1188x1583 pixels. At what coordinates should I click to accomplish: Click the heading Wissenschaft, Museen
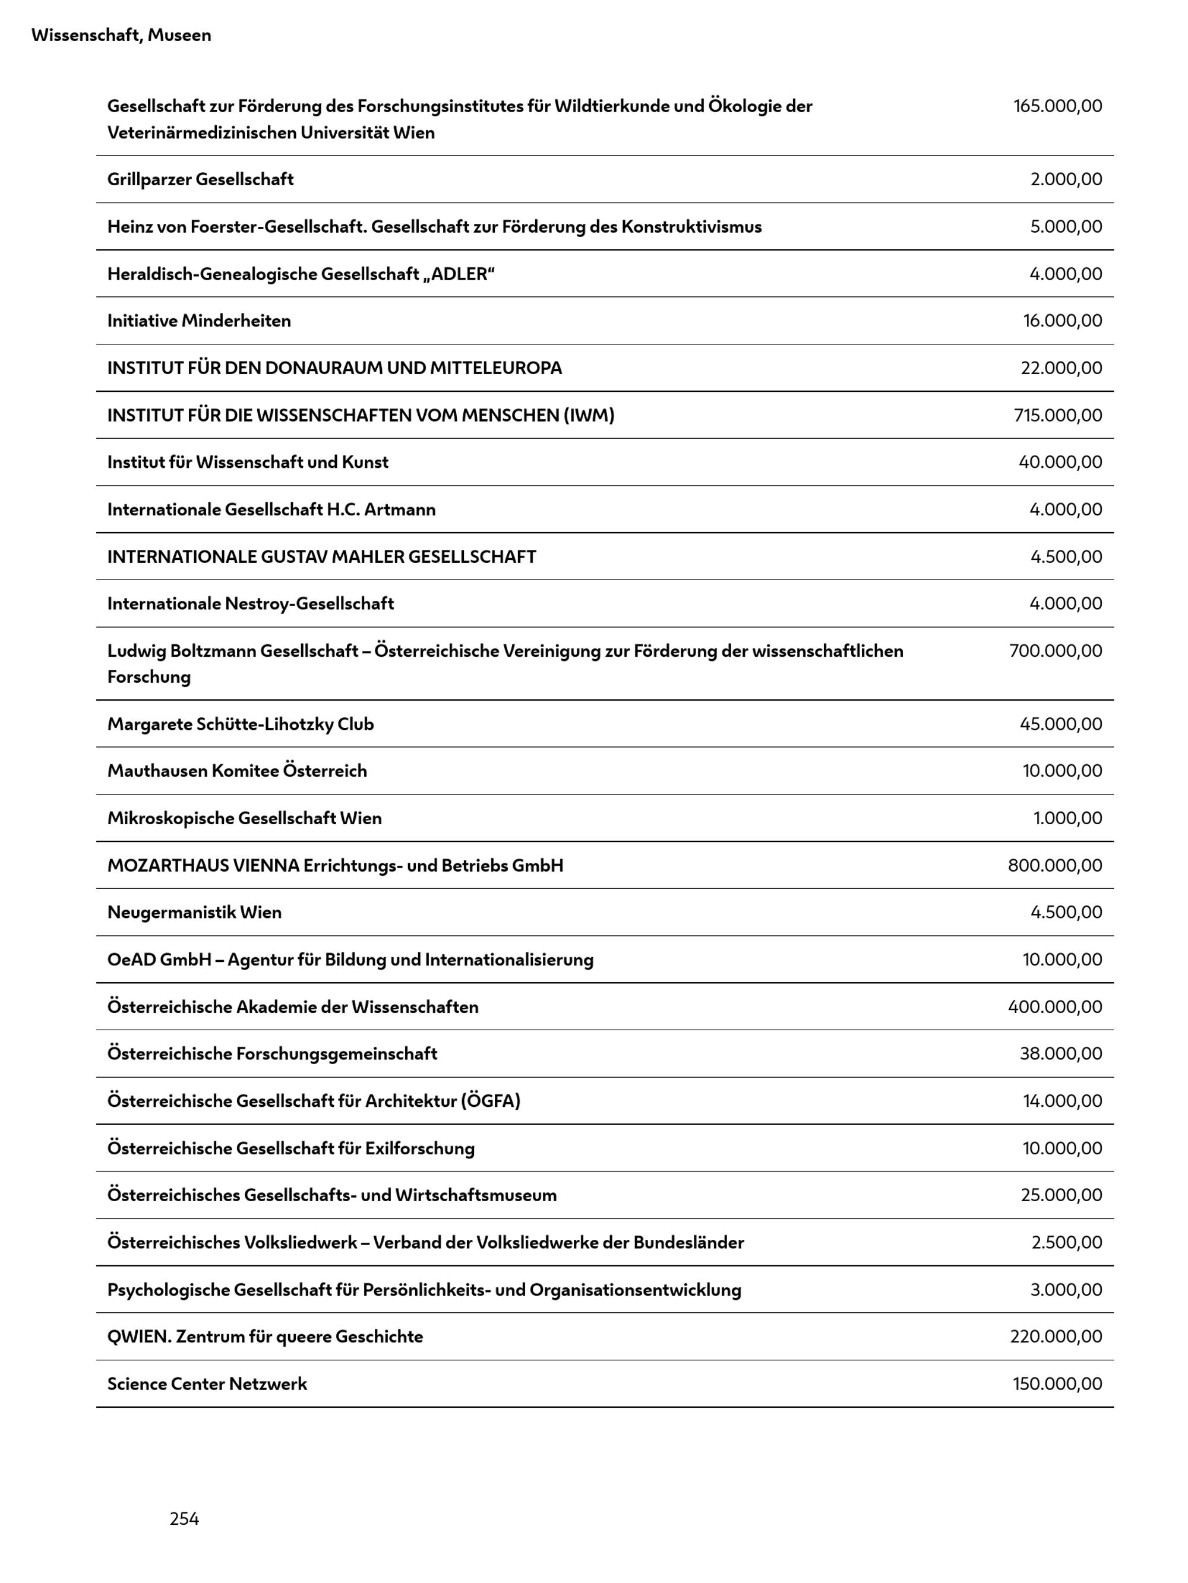(121, 35)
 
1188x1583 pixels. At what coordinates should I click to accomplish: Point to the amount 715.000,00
(1058, 415)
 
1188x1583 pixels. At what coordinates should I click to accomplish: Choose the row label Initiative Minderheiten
(199, 321)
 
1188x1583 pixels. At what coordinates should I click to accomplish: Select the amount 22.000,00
(1061, 368)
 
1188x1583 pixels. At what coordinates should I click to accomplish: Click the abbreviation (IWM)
(589, 415)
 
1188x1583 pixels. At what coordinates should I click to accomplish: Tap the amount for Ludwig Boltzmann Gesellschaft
(1056, 651)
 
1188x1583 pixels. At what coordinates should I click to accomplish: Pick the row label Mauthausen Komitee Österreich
(237, 771)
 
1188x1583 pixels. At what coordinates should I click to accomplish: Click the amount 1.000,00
(1067, 818)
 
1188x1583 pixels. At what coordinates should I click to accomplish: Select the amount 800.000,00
(1055, 865)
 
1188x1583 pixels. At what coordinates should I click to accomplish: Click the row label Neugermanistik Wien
(195, 913)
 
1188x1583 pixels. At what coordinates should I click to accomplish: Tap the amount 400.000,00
(1055, 1007)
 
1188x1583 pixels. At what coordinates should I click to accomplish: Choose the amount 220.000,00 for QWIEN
(1056, 1336)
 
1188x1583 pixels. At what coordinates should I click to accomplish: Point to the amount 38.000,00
(1060, 1053)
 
